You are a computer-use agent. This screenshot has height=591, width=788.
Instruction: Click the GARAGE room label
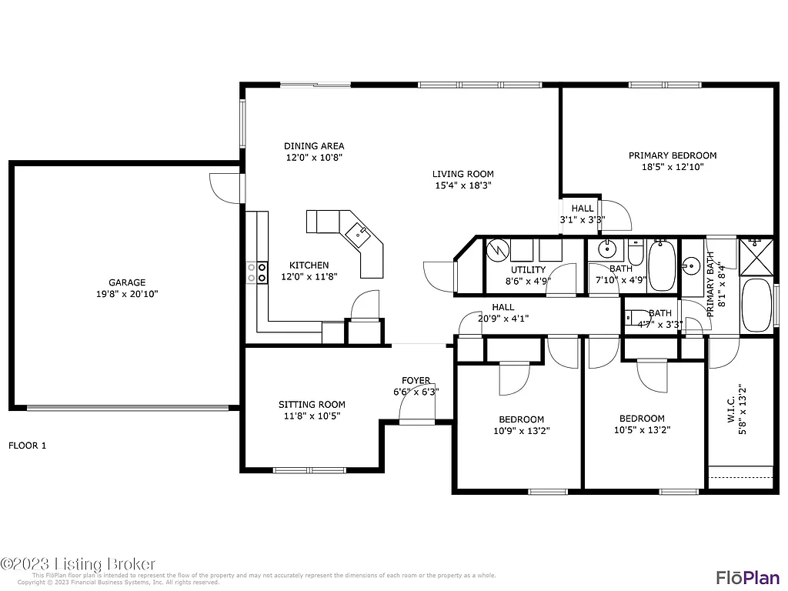[x=127, y=282]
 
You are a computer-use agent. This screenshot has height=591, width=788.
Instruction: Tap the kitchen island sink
[x=358, y=232]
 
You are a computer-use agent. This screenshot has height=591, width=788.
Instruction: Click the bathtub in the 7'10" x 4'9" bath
[x=662, y=266]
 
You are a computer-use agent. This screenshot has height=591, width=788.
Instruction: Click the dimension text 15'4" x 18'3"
[x=462, y=185]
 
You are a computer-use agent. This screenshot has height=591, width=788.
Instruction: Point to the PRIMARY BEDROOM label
[x=672, y=155]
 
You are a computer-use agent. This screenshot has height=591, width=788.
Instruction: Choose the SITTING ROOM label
[x=312, y=405]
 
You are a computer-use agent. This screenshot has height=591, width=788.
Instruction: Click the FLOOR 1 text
[x=28, y=446]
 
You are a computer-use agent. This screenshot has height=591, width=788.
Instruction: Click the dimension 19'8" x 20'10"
[x=127, y=293]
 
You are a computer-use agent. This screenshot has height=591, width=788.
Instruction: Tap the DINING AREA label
[x=314, y=146]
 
